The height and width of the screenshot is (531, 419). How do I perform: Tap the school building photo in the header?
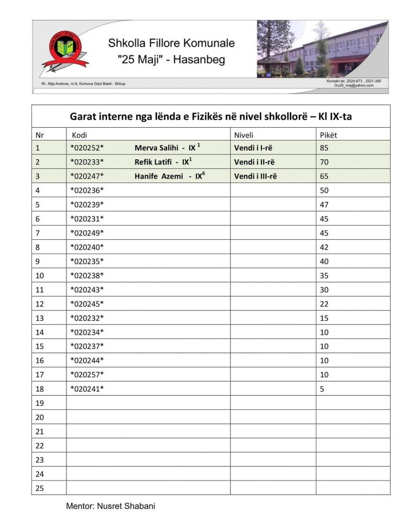pos(322,49)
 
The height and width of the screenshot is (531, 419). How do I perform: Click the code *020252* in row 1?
pos(87,147)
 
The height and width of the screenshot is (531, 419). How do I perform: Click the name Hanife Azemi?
pos(156,176)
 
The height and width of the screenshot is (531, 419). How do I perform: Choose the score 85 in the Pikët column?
pos(324,147)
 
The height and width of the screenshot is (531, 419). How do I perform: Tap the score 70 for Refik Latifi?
pos(324,162)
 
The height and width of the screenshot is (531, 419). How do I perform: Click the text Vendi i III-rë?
pos(255,176)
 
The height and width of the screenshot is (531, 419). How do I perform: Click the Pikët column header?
pos(328,135)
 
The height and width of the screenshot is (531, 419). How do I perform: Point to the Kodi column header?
pos(79,135)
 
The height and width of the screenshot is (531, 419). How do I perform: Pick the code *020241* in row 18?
pos(87,389)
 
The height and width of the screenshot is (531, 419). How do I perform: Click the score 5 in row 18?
pos(322,389)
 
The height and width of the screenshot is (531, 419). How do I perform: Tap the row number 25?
pos(39,488)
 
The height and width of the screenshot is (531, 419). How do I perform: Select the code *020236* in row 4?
pos(87,190)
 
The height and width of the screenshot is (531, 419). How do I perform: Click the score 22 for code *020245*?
pos(324,304)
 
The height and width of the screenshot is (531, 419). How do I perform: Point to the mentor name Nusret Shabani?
pos(125,506)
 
